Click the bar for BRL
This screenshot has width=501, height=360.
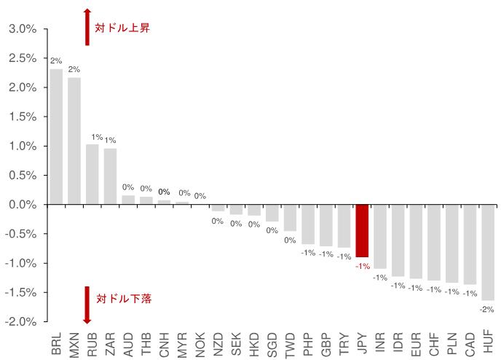pos(56,137)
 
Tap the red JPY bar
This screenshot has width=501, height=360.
pos(362,231)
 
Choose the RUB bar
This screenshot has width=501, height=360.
pos(92,174)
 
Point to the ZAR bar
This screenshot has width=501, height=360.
pos(110,176)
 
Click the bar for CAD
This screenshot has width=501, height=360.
pos(470,244)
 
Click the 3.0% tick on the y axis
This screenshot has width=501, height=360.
pos(22,29)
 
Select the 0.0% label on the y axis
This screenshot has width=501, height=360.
pos(22,205)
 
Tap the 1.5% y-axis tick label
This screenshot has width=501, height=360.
pos(22,117)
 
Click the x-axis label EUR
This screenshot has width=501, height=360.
pos(416,343)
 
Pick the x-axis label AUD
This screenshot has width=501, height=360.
pos(128,343)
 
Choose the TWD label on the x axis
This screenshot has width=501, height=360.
pos(290,343)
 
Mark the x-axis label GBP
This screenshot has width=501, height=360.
pos(326,343)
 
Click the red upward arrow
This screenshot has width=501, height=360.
pos(87,27)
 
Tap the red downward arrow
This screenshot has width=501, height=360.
pos(87,305)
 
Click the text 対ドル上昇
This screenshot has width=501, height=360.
pos(122,28)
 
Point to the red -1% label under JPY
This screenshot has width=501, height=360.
pos(362,266)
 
